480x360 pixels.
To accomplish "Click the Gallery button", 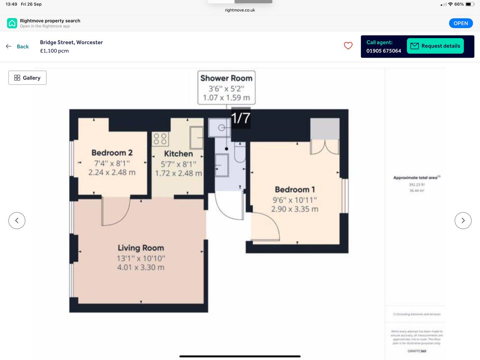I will click(27, 78).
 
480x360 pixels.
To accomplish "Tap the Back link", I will click(22, 46).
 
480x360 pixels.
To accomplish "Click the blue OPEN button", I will click(461, 23).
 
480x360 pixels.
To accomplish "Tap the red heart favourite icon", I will click(348, 46).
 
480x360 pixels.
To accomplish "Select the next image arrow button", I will click(463, 220).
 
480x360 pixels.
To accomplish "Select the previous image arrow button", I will click(17, 220).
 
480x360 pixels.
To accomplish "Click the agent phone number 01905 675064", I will click(383, 51).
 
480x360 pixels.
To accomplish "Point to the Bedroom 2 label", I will click(112, 153).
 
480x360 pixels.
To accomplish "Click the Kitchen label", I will click(178, 154).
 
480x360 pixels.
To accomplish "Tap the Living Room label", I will click(141, 248).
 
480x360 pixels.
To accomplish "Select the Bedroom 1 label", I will click(295, 189).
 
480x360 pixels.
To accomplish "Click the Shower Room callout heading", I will click(226, 78).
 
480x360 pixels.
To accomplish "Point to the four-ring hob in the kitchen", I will click(160, 138).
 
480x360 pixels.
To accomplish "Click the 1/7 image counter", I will click(241, 118).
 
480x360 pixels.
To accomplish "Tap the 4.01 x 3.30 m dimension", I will click(141, 267).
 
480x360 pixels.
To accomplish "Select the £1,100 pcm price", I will click(54, 51).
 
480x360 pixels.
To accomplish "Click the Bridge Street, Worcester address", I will click(71, 42).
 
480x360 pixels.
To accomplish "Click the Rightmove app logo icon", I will click(12, 23).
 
